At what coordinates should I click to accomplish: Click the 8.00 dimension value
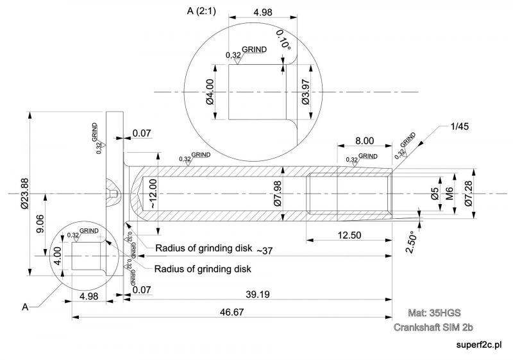pos(365,140)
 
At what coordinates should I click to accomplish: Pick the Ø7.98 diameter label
pos(278,193)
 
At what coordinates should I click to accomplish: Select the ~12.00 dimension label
pos(153,193)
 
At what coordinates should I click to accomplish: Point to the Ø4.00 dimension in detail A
pos(210,92)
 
